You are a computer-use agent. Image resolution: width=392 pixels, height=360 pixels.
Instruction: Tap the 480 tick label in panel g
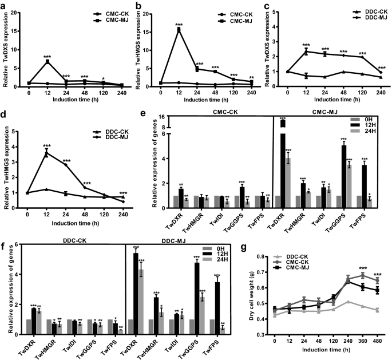point(375,342)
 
